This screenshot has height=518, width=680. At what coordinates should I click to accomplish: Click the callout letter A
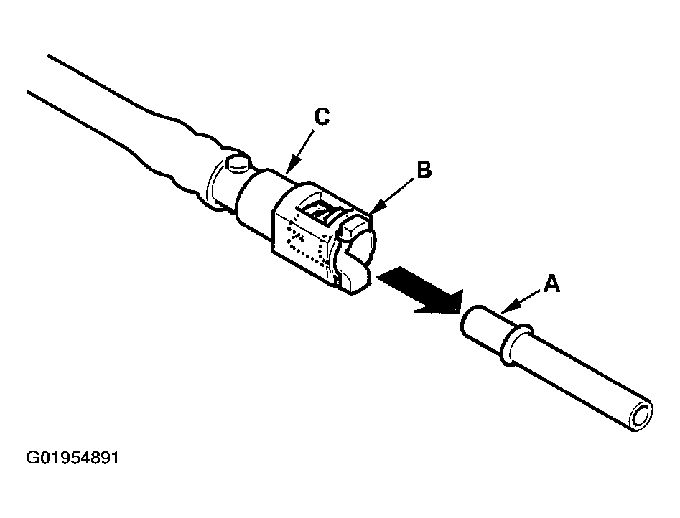click(x=551, y=283)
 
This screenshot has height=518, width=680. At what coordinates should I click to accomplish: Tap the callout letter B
click(x=424, y=169)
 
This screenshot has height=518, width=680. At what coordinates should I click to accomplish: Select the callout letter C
click(x=322, y=117)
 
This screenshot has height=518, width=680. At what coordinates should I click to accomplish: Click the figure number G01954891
click(x=73, y=458)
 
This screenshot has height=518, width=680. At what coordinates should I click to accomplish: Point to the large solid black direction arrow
click(x=419, y=291)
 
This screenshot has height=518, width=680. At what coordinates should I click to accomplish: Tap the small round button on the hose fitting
click(x=238, y=164)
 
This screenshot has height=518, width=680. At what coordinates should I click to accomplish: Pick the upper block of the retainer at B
click(x=355, y=227)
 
